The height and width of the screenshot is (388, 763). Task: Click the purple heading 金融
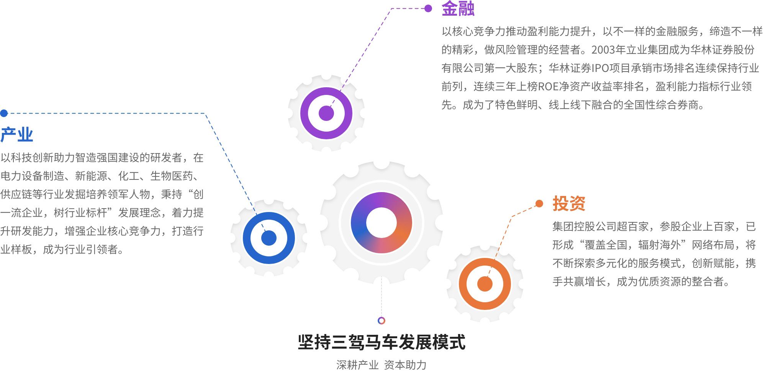[458, 8]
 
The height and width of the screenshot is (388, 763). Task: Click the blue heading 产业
[17, 135]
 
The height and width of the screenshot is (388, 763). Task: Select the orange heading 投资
[569, 203]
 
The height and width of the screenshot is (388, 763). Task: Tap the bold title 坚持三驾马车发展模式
[381, 342]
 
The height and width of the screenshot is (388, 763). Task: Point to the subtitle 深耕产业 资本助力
[381, 365]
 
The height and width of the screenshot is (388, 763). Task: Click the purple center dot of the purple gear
[326, 113]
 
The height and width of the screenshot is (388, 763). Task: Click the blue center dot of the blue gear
[269, 238]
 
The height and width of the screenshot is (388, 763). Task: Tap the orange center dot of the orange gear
[485, 284]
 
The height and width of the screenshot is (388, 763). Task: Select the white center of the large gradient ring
[381, 223]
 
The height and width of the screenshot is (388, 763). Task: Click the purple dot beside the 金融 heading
[428, 8]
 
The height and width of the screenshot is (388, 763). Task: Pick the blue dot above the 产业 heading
[4, 113]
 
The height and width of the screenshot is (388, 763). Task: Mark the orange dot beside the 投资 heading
[539, 204]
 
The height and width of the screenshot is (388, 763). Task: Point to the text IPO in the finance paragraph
[601, 68]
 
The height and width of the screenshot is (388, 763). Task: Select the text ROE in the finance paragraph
[548, 86]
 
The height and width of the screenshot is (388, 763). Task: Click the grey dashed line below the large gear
[381, 297]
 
